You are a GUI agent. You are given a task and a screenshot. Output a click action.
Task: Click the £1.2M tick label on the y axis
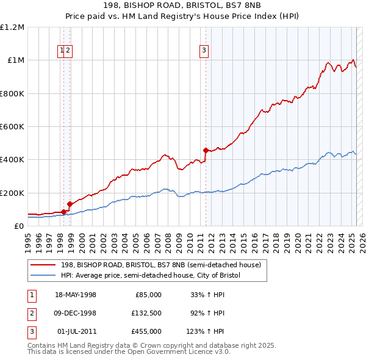coord(12,27)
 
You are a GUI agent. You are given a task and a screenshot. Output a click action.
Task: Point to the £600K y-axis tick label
coord(12,127)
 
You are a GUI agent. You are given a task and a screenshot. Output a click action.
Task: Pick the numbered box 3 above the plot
coord(203,51)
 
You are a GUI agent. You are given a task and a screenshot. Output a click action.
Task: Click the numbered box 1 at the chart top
coord(62,51)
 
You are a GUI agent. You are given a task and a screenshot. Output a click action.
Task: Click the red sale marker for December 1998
coord(70,204)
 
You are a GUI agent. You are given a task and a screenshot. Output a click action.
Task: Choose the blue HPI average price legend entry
coord(151,275)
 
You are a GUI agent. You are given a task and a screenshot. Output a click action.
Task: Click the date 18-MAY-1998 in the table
coord(76,295)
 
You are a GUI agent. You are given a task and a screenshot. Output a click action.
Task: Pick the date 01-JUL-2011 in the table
coord(76,331)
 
